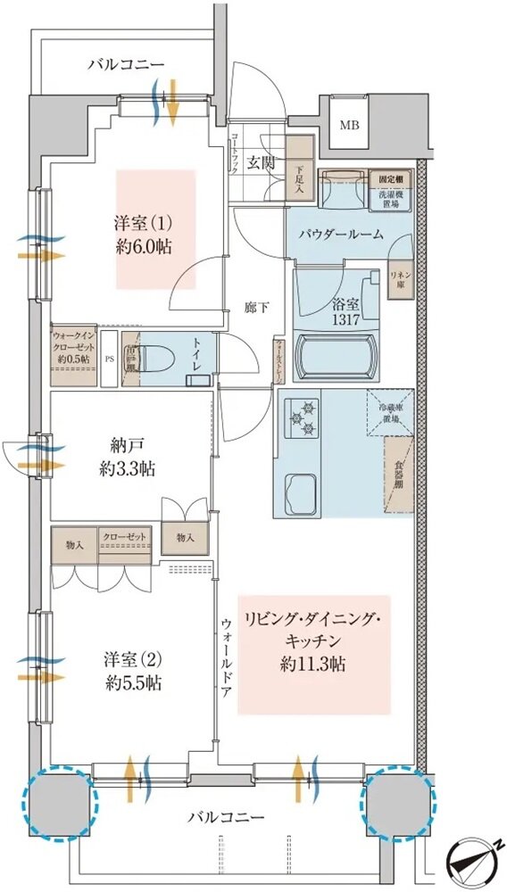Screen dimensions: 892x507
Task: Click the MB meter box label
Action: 347,125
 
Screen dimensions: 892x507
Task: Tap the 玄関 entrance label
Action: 260,162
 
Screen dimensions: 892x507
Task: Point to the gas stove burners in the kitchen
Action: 301,417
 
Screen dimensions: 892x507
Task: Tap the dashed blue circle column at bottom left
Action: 60,803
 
